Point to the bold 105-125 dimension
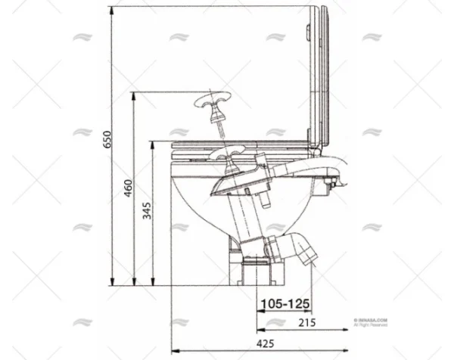pyautogui.click(x=285, y=304)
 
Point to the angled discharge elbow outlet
pyautogui.click(x=302, y=250)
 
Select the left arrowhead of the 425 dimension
pyautogui.click(x=175, y=350)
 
